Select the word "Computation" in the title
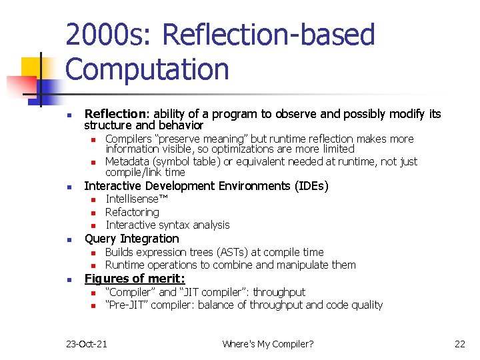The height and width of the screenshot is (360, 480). click(x=147, y=69)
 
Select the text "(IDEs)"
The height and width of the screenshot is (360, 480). click(x=309, y=186)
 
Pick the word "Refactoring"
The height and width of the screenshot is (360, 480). click(x=132, y=212)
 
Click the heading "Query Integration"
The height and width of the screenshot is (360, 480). click(x=131, y=239)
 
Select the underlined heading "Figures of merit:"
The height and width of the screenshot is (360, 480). click(x=135, y=279)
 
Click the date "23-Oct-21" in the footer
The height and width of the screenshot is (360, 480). click(x=87, y=344)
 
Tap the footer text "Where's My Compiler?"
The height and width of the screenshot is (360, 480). click(x=268, y=344)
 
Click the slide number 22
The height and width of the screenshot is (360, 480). click(x=459, y=344)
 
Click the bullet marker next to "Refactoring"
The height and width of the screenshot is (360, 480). click(x=94, y=213)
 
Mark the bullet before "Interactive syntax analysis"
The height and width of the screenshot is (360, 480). click(x=94, y=225)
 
